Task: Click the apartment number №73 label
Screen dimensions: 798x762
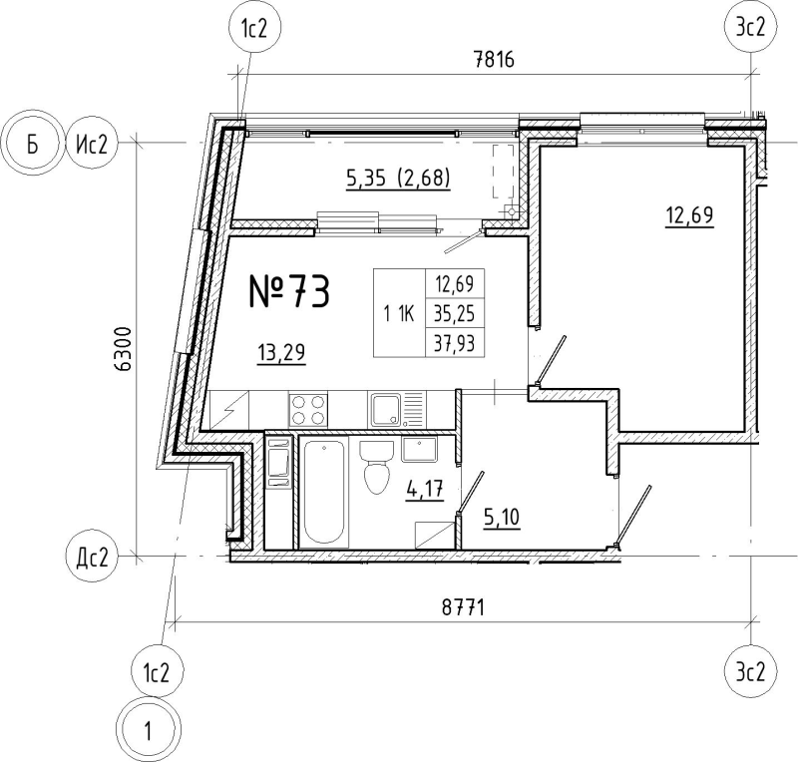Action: click(289, 291)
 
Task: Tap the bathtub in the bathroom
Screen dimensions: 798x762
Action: click(323, 492)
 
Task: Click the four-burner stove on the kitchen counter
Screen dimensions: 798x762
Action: click(308, 410)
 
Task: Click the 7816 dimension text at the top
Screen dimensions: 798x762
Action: click(494, 60)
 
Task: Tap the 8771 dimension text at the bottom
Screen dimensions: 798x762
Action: click(463, 607)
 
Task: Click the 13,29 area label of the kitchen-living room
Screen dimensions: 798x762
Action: click(281, 352)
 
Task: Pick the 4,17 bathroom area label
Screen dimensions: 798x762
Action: click(426, 491)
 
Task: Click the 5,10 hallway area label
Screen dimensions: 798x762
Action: click(502, 519)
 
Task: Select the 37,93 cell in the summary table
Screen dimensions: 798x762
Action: click(455, 343)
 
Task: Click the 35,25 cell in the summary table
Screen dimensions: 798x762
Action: click(455, 314)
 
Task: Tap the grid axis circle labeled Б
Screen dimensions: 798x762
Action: click(32, 144)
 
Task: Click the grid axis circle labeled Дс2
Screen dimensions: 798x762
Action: click(92, 559)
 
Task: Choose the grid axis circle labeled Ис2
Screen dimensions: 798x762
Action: click(92, 145)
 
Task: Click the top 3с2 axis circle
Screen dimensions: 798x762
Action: click(750, 28)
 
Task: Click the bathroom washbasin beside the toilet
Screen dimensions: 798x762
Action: click(419, 449)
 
